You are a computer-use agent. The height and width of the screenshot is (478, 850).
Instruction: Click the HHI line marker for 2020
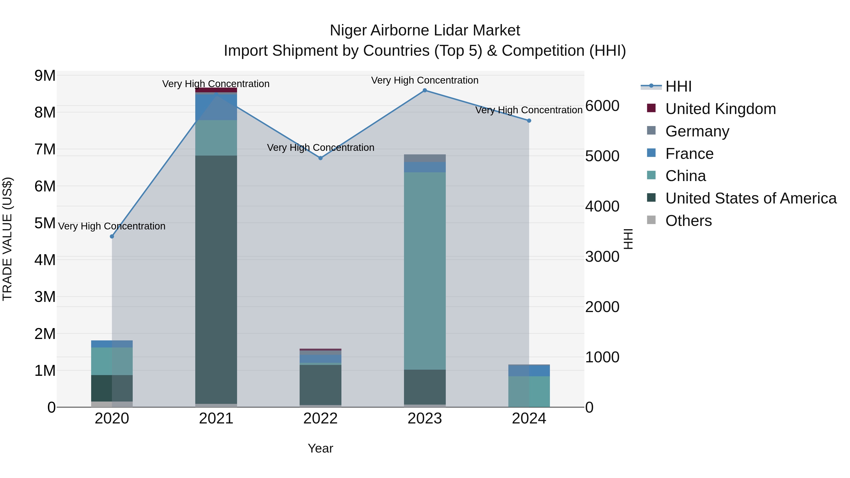112,237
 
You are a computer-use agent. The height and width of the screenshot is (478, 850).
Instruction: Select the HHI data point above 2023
425,90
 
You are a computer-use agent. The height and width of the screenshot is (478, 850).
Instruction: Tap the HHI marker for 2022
320,158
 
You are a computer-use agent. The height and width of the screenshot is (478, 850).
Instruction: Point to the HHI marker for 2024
529,121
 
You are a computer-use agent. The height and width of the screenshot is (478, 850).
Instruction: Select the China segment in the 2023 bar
425,271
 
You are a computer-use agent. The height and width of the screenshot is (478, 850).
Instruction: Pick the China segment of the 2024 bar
529,392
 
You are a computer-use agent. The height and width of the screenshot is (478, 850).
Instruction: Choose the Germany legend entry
697,131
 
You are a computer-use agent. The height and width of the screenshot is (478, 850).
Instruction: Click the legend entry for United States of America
751,198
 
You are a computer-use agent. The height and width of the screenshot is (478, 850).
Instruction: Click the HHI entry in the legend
678,86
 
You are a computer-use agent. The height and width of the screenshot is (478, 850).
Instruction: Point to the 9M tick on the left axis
45,76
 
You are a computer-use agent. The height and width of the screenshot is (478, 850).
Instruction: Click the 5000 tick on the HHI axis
602,156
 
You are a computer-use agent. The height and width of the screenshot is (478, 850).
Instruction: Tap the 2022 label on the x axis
320,419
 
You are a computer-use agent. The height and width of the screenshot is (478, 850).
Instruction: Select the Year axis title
320,448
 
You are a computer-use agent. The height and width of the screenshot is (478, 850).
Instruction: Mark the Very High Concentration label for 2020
112,226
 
